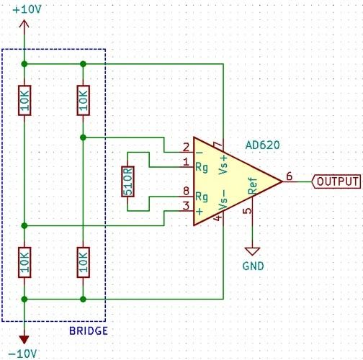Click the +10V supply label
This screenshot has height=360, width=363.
27,9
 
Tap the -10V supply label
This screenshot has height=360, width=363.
23,354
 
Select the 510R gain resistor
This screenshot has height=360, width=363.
127,181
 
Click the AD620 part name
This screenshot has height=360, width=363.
262,145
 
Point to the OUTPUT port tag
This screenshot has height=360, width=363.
336,181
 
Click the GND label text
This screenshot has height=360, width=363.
253,266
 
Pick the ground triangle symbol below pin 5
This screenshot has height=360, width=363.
252,251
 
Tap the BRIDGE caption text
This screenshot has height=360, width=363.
89,331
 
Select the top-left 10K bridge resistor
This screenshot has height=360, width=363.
24,100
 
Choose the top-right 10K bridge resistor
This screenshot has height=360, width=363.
83,100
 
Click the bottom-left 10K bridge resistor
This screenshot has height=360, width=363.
24,262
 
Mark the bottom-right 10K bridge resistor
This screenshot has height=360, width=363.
83,262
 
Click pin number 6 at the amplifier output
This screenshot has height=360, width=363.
290,176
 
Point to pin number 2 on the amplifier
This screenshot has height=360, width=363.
186,147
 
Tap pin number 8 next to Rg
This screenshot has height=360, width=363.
186,192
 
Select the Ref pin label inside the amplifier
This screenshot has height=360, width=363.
253,186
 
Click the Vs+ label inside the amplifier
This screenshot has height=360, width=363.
223,165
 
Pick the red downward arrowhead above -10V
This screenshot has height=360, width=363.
24,340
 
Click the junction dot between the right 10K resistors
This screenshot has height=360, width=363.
83,138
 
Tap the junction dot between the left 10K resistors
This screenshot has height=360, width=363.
24,225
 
